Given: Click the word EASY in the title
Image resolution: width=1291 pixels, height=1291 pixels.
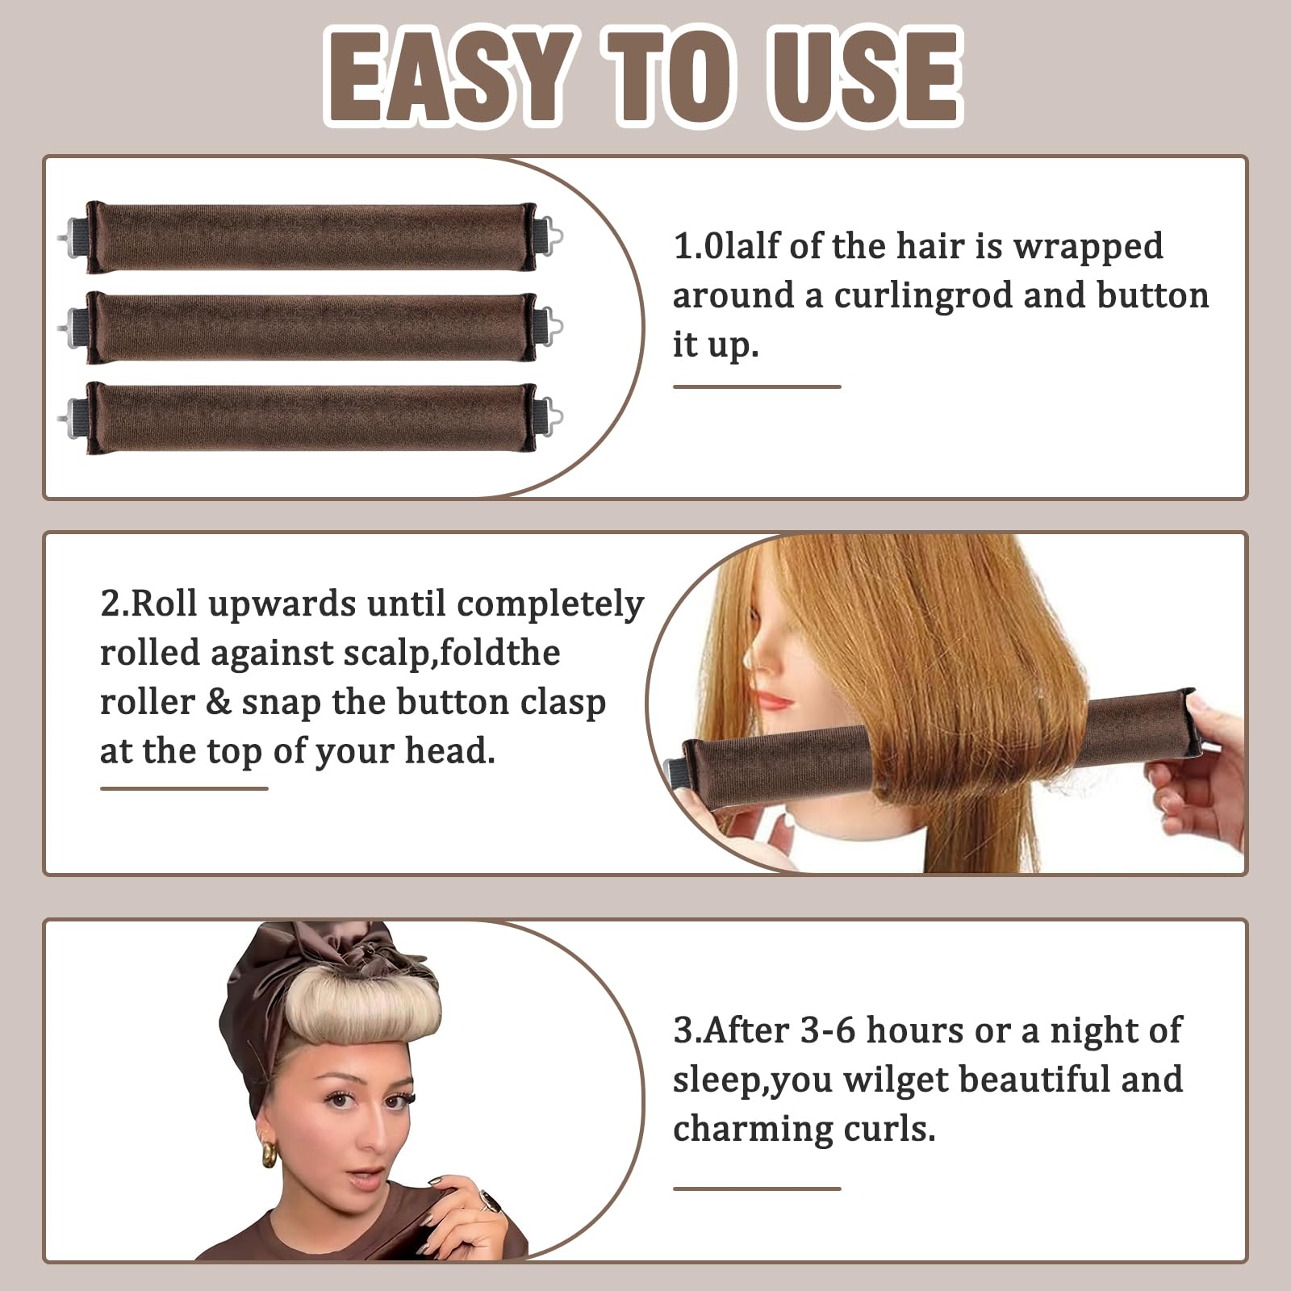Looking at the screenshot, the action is [449, 77].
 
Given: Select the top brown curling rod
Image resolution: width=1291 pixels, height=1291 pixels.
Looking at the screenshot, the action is [311, 237].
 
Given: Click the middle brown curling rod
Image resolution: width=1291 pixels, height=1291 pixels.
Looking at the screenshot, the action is [311, 328].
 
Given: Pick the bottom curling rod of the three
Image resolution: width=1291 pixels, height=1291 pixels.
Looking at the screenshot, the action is [311, 418].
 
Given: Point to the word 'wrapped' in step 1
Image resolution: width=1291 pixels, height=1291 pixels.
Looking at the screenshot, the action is [1088, 247].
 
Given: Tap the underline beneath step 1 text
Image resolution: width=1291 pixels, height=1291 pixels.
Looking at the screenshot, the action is [757, 386].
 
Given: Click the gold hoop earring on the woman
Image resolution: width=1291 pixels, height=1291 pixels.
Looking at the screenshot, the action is [269, 1153].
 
